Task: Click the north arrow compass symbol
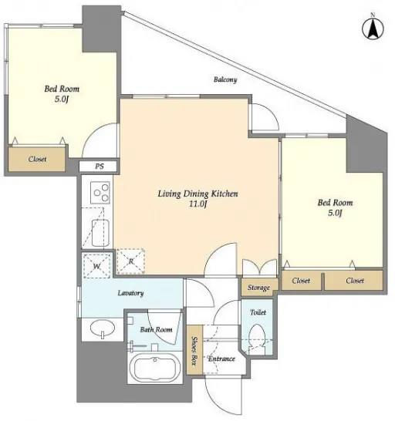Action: [x=373, y=29]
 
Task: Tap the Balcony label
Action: [x=225, y=79]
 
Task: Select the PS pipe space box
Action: [x=98, y=167]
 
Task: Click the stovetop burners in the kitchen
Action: [x=100, y=192]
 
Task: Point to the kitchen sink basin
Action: [x=100, y=233]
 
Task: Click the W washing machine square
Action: [x=96, y=265]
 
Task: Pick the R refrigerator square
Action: [x=130, y=261]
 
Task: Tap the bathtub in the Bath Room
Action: [x=155, y=368]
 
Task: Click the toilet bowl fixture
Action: [x=257, y=338]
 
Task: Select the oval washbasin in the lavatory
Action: [x=103, y=328]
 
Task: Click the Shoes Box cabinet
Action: [x=194, y=350]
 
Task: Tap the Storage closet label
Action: [x=258, y=288]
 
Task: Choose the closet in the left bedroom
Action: [x=37, y=159]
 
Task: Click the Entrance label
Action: [x=221, y=359]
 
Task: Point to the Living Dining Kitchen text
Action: [x=197, y=194]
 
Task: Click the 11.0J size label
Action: [x=197, y=204]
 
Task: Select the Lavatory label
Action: [x=130, y=293]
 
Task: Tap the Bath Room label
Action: [x=156, y=329]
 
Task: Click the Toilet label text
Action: [x=258, y=312]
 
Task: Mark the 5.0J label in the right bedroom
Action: [x=335, y=213]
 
